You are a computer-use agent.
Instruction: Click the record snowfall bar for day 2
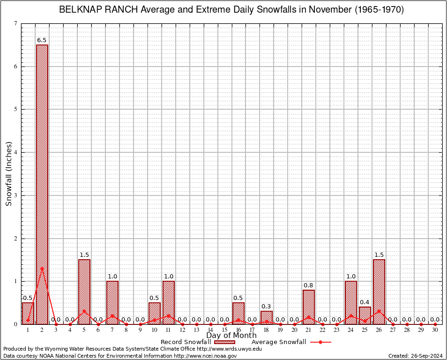pyautogui.click(x=42, y=184)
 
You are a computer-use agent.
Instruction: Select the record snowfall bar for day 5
pyautogui.click(x=84, y=292)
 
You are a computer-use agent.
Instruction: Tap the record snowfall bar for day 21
pyautogui.click(x=309, y=307)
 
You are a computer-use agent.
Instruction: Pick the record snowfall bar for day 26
pyautogui.click(x=379, y=292)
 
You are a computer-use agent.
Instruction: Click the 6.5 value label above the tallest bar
pyautogui.click(x=42, y=40)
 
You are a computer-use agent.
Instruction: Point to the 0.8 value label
pyautogui.click(x=309, y=285)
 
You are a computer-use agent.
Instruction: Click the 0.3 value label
pyautogui.click(x=267, y=307)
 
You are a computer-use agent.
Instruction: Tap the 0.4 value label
pyautogui.click(x=365, y=302)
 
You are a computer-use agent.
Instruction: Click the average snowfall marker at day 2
pyautogui.click(x=42, y=268)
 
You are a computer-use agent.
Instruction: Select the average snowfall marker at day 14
pyautogui.click(x=211, y=324)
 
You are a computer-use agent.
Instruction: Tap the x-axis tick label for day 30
pyautogui.click(x=435, y=330)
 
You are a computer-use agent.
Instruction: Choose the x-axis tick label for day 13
pyautogui.click(x=197, y=330)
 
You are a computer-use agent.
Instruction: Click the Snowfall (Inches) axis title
pyautogui.click(x=8, y=173)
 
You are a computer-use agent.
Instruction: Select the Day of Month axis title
pyautogui.click(x=231, y=336)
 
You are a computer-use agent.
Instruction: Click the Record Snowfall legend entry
pyautogui.click(x=186, y=342)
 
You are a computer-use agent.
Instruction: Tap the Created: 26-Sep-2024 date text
pyautogui.click(x=416, y=356)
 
